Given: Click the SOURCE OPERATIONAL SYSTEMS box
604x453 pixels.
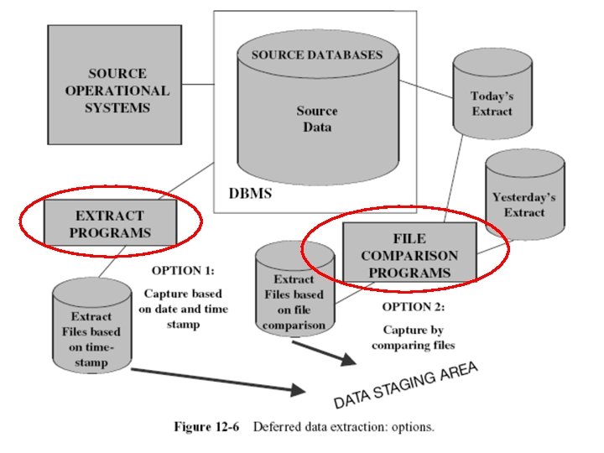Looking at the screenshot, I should coord(114,91).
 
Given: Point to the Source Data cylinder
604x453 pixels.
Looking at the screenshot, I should coord(316,117).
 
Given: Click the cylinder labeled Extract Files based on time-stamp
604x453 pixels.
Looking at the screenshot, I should coord(91,327).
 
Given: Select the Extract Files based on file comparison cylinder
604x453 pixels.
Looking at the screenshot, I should coord(293,289).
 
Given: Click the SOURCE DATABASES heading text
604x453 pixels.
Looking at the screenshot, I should coord(316,55).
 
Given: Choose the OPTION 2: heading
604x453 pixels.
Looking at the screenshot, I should coord(414,307).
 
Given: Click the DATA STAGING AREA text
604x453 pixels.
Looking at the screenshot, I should coord(406,385).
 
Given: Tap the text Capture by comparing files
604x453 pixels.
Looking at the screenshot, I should coord(419,337).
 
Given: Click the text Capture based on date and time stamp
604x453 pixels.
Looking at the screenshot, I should coord(185,310).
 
